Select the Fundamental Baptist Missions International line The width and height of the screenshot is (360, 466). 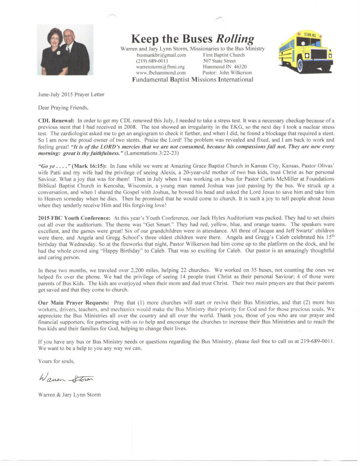click(187, 80)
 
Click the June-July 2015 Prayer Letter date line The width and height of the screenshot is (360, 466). click(64, 95)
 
